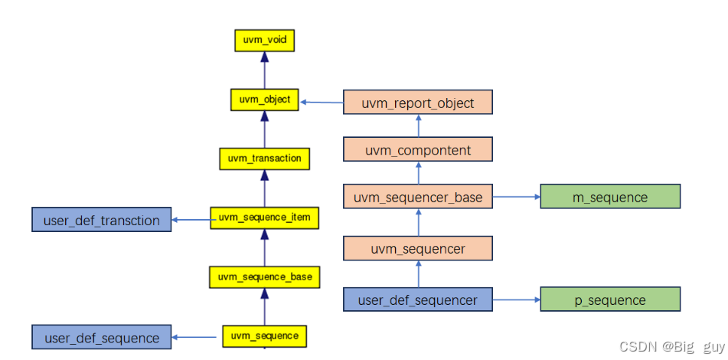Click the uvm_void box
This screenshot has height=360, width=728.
pos(263,41)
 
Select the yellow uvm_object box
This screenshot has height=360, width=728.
pos(263,100)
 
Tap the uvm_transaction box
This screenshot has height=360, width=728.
pos(264,159)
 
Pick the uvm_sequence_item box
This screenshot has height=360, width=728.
pos(264,218)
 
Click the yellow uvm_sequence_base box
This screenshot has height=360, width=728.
pos(264,277)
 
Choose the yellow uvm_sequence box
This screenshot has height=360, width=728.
pos(264,335)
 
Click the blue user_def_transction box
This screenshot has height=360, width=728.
pos(101,221)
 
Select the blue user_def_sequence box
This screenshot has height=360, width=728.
pos(101,338)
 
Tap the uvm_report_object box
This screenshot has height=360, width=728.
pos(417,103)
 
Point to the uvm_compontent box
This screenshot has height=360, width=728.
pos(417,150)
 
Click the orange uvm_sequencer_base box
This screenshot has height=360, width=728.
pos(417,197)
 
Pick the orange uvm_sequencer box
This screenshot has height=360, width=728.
pos(417,249)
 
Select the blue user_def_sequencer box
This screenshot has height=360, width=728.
pos(417,299)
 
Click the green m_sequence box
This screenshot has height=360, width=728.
pos(609,197)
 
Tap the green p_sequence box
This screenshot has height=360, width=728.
pos(609,299)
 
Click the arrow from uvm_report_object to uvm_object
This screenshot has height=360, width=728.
pos(322,102)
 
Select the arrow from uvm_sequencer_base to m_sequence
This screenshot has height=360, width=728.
pos(516,197)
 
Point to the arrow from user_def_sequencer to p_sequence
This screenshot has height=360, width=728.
pos(516,299)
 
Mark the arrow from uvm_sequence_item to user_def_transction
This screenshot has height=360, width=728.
pos(191,221)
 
